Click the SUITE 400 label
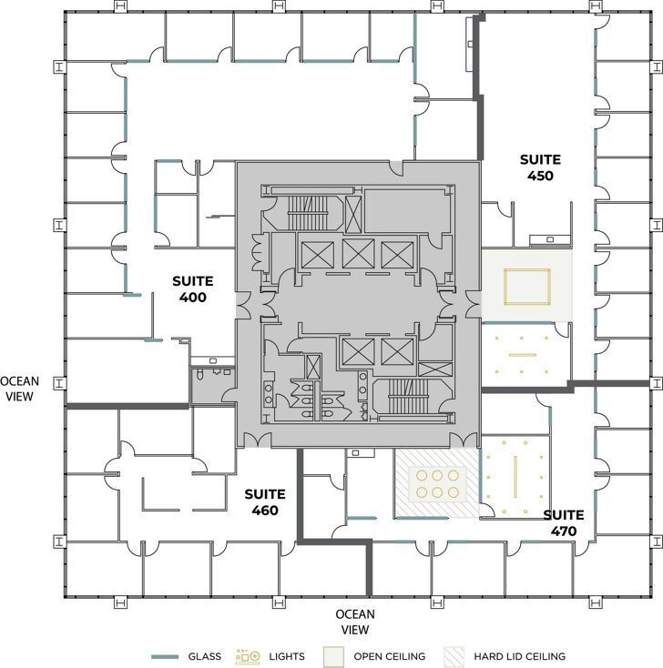192,289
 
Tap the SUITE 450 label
539,167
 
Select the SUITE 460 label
265,502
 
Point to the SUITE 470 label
564,522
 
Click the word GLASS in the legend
204,656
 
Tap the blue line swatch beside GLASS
165,656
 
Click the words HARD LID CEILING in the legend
519,656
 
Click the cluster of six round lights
435,483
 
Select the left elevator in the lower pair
353,351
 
